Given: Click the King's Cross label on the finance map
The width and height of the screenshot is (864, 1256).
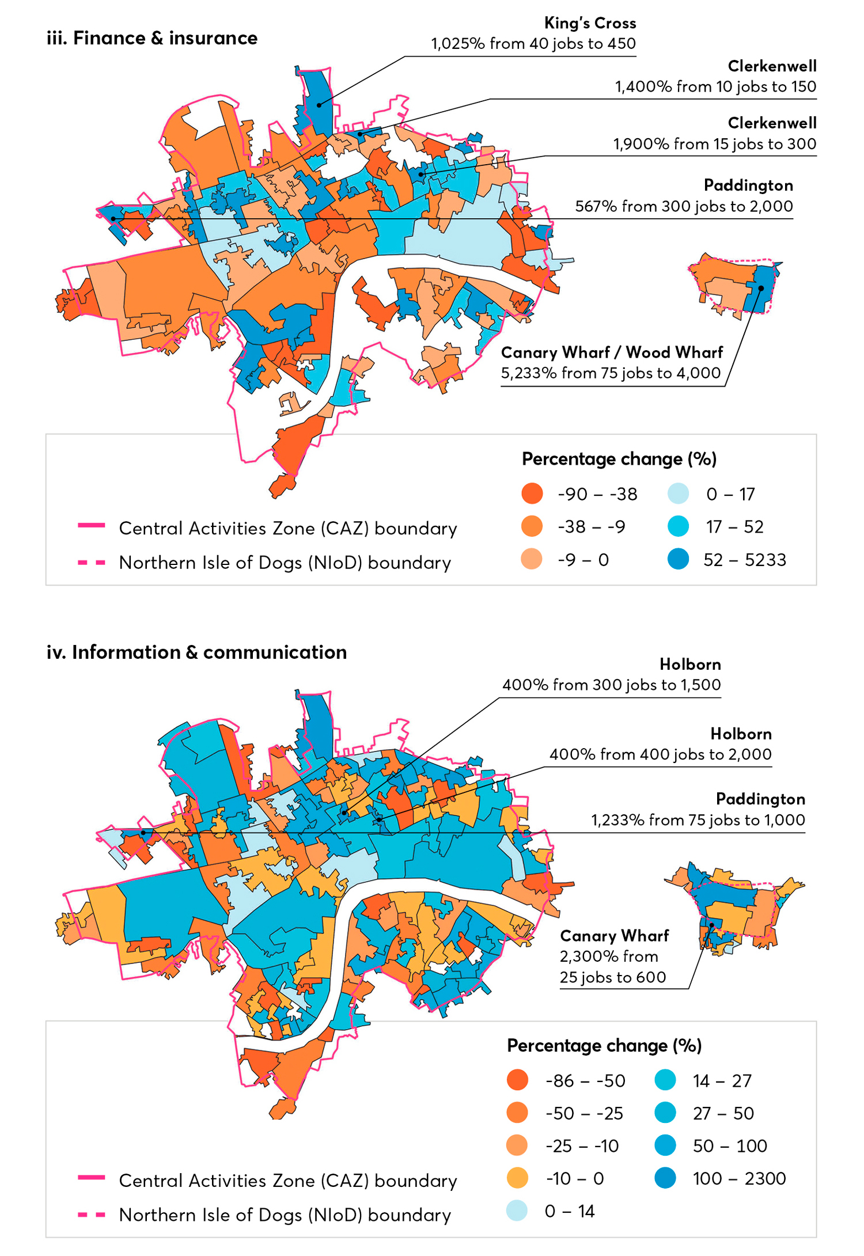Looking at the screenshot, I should [590, 24].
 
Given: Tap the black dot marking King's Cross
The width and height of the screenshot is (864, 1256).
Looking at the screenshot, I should [319, 105].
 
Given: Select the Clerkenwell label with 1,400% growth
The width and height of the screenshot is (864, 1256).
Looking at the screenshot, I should [772, 66].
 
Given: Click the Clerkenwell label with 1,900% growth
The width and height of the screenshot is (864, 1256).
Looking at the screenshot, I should [772, 123].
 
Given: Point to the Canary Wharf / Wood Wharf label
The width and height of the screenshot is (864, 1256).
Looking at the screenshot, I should [612, 352].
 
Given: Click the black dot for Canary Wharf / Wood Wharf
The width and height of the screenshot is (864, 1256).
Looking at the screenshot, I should [761, 288].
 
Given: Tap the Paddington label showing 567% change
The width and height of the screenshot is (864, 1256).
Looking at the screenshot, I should [748, 185].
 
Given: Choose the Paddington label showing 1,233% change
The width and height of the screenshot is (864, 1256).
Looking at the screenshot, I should [760, 799].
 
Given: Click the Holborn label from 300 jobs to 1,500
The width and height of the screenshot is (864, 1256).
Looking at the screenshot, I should [690, 665].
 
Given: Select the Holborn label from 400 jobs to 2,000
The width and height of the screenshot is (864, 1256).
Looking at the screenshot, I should [741, 734].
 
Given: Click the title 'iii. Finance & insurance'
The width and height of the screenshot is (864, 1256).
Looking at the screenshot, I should [152, 38].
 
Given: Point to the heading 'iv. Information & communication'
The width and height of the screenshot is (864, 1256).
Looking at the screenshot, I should [196, 652].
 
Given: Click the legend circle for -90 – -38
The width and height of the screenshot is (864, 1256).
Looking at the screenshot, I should [532, 494].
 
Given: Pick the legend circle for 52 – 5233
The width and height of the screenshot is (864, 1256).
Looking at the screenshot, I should [679, 559].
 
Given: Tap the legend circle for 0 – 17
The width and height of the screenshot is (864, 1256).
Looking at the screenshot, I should [679, 494].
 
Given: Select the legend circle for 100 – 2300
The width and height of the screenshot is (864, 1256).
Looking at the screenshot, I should [665, 1178].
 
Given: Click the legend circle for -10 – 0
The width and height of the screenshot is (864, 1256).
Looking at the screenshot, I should [517, 1178].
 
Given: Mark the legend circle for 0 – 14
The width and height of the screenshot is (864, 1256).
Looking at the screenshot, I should [517, 1211].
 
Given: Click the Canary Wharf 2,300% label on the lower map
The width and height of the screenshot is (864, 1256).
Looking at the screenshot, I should [614, 936].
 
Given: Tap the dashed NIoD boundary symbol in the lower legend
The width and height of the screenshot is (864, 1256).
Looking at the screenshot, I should [92, 1215].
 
